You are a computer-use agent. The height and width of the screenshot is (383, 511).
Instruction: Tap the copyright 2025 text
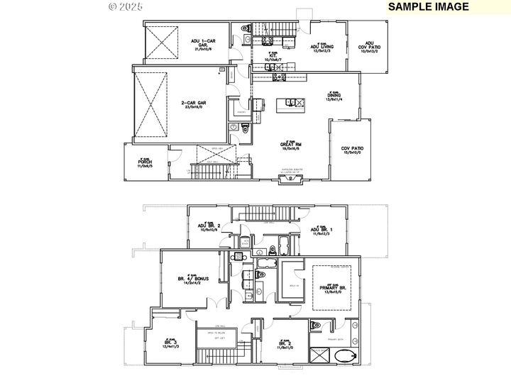[x=125, y=6]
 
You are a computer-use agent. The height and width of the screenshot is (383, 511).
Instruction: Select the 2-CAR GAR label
[x=194, y=105]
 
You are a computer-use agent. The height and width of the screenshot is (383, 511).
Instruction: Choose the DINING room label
[x=334, y=97]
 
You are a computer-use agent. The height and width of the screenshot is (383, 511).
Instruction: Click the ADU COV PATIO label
[x=369, y=46]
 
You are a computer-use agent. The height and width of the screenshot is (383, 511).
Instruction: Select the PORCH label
[x=145, y=162]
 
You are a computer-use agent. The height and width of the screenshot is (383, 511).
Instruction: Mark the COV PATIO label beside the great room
[x=352, y=150]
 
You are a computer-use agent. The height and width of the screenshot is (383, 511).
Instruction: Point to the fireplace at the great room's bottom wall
[x=288, y=180]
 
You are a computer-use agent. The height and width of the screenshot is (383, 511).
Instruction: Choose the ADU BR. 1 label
[x=322, y=230]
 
